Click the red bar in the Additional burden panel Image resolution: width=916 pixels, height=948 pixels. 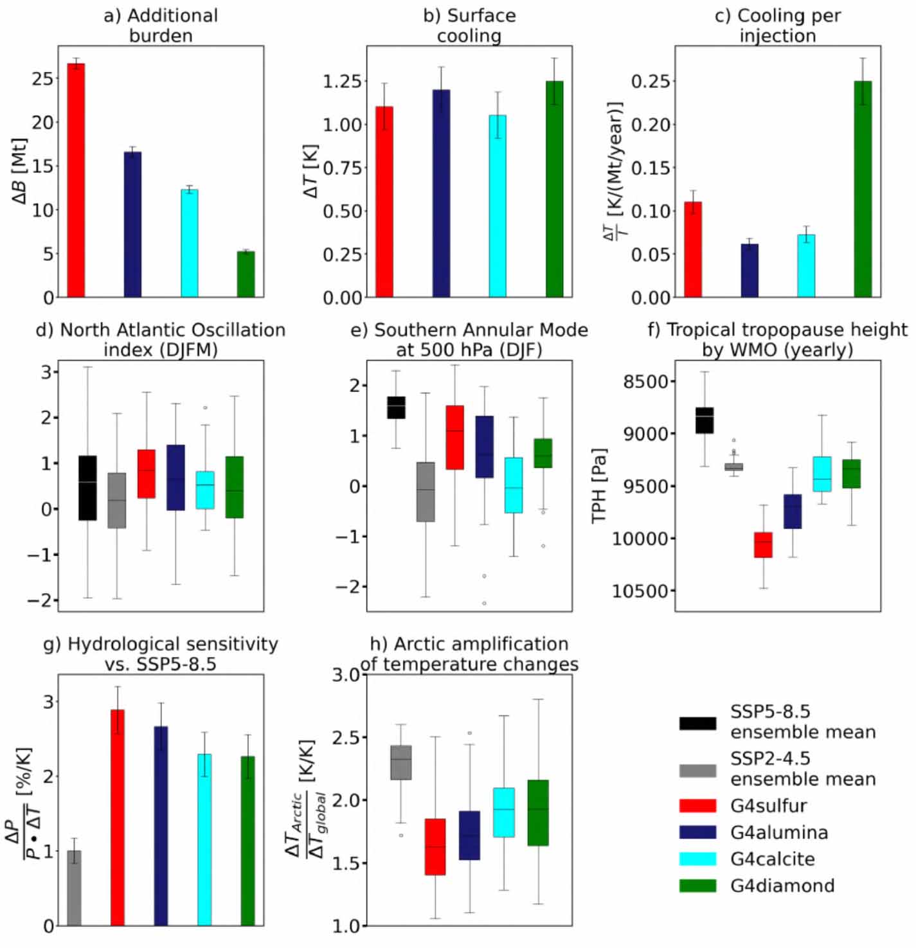[76, 180]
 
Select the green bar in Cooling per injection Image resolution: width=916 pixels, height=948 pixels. [863, 189]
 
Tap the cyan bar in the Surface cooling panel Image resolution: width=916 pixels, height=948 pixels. [498, 206]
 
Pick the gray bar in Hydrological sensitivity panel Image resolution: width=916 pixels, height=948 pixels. [75, 888]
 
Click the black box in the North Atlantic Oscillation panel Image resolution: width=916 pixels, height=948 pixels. [87, 488]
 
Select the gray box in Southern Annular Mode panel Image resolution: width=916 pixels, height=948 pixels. [426, 492]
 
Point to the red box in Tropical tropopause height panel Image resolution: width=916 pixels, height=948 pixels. [763, 544]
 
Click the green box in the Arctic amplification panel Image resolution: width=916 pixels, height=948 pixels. [538, 812]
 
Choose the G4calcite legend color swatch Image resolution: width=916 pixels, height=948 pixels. [697, 859]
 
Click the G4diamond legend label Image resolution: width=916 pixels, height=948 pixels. [782, 886]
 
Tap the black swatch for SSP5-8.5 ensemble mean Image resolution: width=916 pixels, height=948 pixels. [697, 723]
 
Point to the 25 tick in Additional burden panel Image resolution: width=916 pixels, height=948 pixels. [43, 78]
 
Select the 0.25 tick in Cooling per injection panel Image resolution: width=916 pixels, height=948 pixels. [650, 82]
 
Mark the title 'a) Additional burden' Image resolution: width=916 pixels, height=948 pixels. [161, 25]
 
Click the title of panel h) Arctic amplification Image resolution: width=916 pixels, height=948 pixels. [469, 654]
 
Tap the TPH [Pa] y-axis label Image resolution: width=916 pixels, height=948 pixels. [599, 485]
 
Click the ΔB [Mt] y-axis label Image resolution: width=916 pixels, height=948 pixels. [19, 171]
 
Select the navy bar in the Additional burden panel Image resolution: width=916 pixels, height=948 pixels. [132, 224]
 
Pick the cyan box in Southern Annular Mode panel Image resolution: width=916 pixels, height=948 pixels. [514, 485]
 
